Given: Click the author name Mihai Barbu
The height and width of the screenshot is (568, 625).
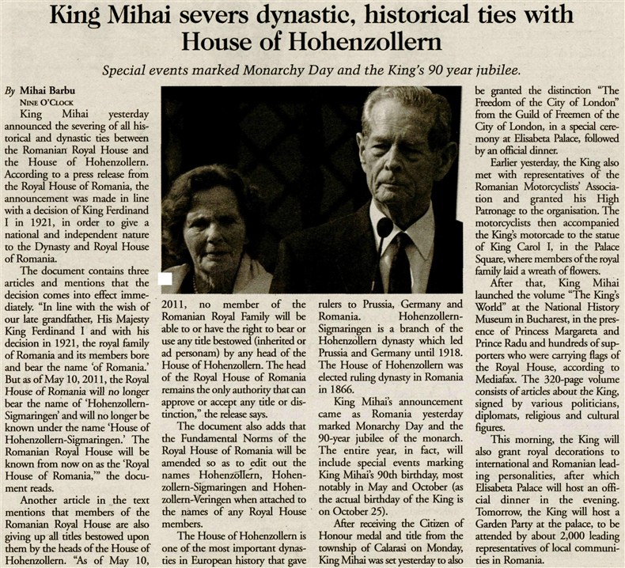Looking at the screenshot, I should (55, 90).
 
